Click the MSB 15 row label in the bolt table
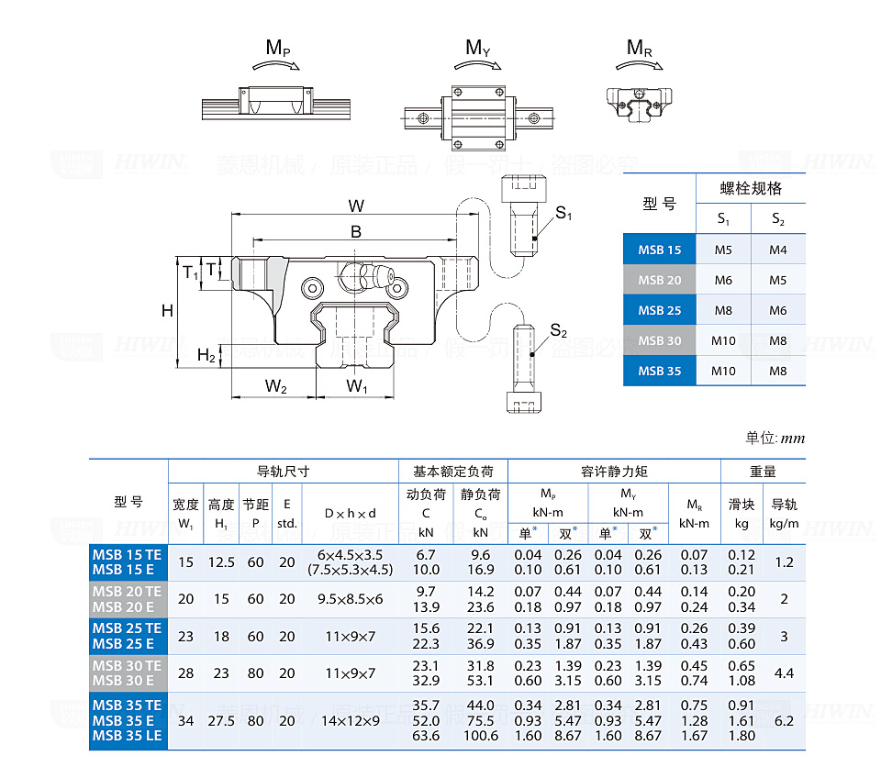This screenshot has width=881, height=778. pyautogui.click(x=660, y=250)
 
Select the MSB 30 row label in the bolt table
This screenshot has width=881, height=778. pyautogui.click(x=660, y=340)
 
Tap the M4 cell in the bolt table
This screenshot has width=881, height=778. pyautogui.click(x=778, y=250)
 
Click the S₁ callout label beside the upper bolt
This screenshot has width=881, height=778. pyautogui.click(x=563, y=215)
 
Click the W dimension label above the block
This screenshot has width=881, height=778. pyautogui.click(x=356, y=205)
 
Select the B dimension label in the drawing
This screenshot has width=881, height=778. pyautogui.click(x=356, y=232)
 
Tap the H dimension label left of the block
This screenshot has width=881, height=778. pyautogui.click(x=167, y=311)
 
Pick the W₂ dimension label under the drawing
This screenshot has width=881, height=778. pyautogui.click(x=276, y=387)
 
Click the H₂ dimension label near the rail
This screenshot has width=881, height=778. pyautogui.click(x=206, y=356)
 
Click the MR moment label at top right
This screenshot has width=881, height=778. pyautogui.click(x=640, y=48)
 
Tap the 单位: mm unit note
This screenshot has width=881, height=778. pyautogui.click(x=775, y=439)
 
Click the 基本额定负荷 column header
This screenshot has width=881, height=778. pyautogui.click(x=453, y=472)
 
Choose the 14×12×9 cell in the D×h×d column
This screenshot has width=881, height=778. pyautogui.click(x=350, y=721)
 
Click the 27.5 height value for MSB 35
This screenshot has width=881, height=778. pyautogui.click(x=221, y=721)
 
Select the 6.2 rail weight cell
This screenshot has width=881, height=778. pyautogui.click(x=784, y=721)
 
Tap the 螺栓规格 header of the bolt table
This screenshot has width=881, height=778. pyautogui.click(x=751, y=189)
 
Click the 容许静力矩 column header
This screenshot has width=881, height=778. pyautogui.click(x=614, y=472)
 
